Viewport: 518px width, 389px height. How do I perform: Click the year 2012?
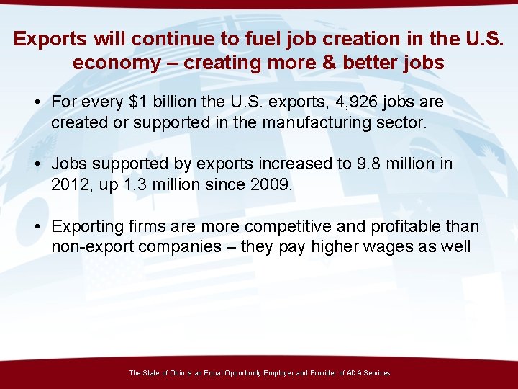point(69,184)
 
